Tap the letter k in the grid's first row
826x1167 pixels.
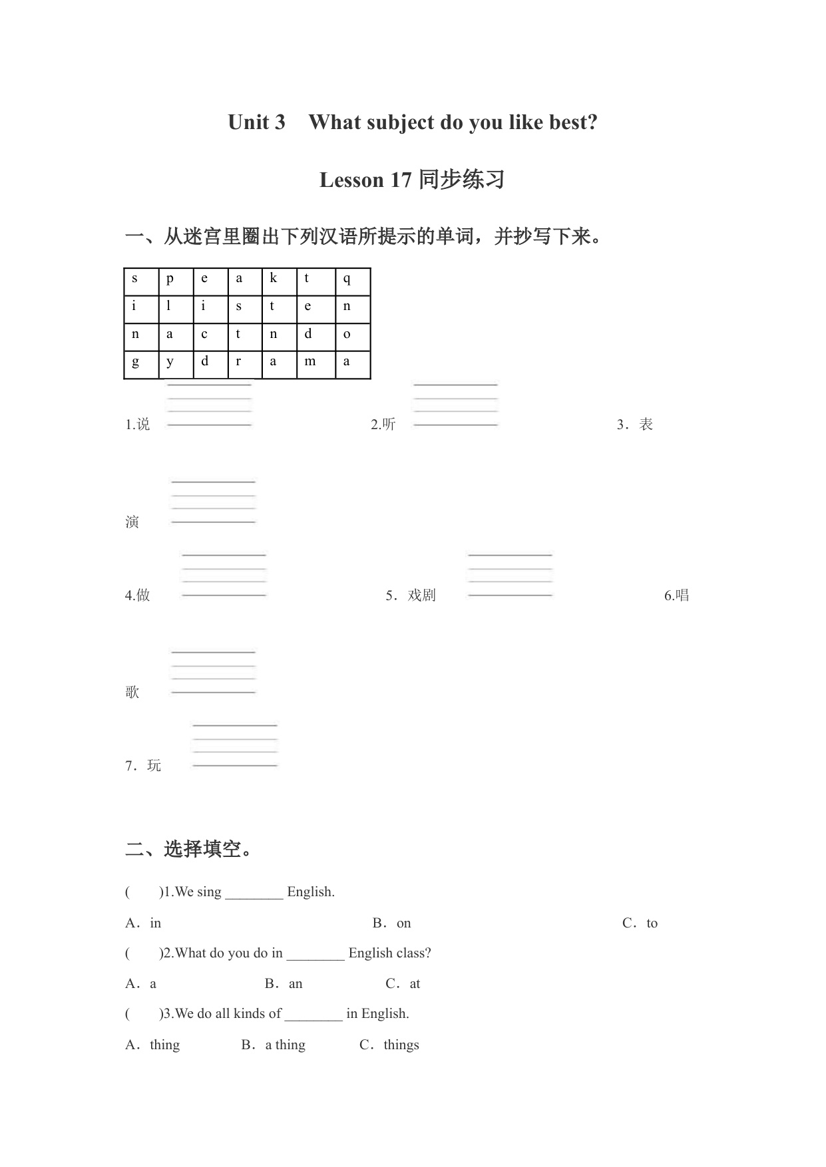point(273,279)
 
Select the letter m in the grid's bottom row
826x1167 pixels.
point(310,362)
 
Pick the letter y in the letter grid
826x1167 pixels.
point(170,363)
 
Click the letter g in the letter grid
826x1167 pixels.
point(136,363)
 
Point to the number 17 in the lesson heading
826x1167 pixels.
point(401,180)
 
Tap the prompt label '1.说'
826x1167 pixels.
point(138,424)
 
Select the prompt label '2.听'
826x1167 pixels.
point(383,424)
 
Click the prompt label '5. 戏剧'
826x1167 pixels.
point(411,595)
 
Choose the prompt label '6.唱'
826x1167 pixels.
point(676,595)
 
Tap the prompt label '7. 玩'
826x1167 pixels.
point(143,766)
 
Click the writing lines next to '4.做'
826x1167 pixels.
point(224,575)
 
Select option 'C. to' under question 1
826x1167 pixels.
point(640,923)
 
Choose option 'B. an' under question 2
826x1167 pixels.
point(284,983)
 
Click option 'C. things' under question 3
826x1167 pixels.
point(389,1045)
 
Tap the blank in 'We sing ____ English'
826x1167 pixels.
point(254,893)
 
